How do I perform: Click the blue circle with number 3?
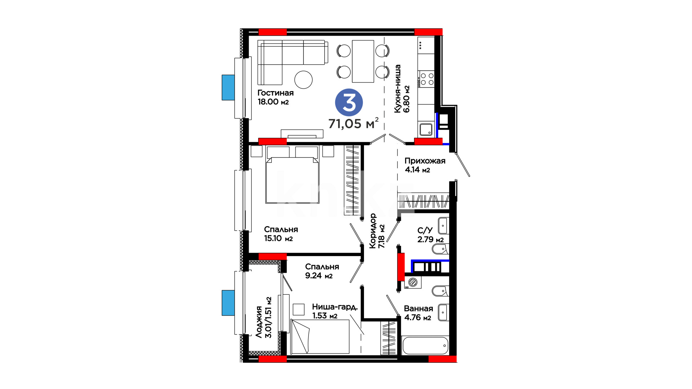349,102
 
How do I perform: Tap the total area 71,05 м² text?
353,123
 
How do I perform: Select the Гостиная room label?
275,93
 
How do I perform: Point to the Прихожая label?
425,161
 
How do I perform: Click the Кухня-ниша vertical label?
398,89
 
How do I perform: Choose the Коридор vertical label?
373,231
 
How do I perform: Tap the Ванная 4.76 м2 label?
418,313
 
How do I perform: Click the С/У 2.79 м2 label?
430,235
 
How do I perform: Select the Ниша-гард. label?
335,307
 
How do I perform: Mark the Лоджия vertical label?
259,322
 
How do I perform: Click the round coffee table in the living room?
303,80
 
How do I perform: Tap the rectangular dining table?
363,61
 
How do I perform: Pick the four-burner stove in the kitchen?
427,79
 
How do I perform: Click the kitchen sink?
426,129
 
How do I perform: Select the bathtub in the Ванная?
425,346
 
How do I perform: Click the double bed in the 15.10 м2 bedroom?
292,175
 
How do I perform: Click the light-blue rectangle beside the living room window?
228,88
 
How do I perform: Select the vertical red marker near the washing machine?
401,267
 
